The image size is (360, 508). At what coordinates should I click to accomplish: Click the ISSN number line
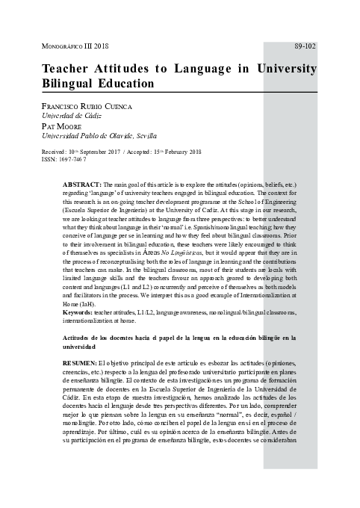(64, 159)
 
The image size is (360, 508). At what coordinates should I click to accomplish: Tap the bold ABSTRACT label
(81, 184)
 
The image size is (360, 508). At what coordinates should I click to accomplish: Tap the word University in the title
(286, 69)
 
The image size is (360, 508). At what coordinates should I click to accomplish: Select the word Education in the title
(134, 85)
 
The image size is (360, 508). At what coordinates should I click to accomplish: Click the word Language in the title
(205, 69)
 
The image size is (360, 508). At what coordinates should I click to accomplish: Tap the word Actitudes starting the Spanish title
(79, 338)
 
